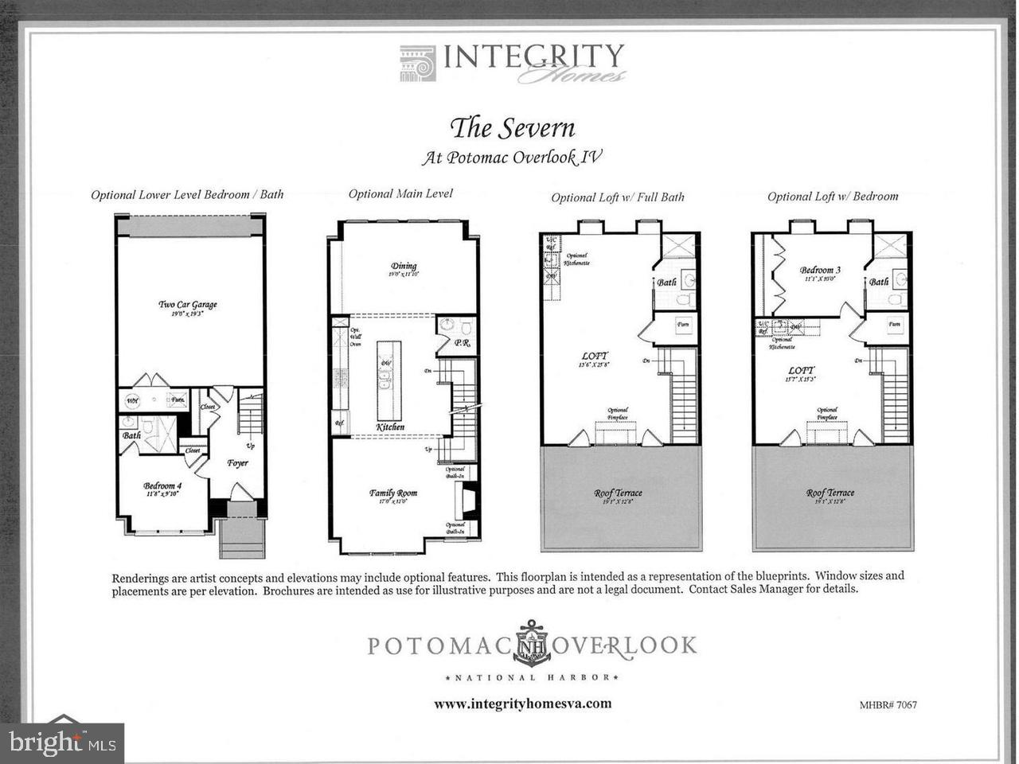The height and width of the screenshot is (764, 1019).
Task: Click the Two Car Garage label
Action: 188,304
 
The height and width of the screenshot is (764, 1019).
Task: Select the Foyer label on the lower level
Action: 237,462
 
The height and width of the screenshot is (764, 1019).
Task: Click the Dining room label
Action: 404,267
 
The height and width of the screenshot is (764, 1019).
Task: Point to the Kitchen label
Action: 390,427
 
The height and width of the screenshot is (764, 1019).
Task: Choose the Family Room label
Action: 393,493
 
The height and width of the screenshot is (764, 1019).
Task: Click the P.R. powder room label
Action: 461,343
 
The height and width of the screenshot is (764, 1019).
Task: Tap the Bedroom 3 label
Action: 820,270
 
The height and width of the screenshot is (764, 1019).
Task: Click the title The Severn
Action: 512,127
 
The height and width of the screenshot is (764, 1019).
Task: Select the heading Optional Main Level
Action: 400,193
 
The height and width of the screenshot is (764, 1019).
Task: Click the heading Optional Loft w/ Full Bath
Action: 618,197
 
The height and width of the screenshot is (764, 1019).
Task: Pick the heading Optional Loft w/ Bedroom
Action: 833,197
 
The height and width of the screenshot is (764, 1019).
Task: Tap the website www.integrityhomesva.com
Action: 522,704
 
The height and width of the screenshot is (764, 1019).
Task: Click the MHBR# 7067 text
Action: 888,704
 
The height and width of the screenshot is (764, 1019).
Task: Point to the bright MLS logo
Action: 62,743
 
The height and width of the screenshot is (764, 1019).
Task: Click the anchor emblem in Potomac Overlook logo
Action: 532,643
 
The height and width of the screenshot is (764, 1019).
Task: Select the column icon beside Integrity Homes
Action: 417,64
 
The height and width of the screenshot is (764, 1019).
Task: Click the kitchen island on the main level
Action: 389,380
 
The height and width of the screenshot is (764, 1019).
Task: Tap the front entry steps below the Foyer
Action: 242,539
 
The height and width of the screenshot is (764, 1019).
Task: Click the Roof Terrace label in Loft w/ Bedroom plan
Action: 830,493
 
